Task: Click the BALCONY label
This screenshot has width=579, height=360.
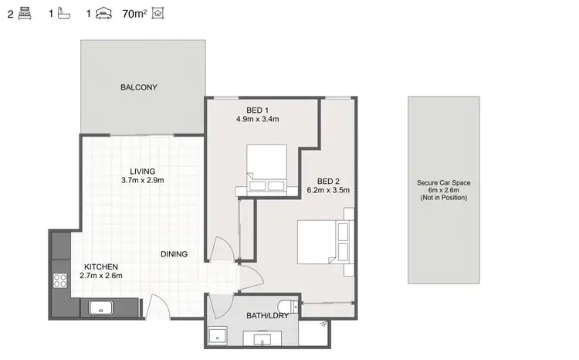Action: pyautogui.click(x=139, y=87)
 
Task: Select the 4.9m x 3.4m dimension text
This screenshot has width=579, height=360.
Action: pyautogui.click(x=257, y=119)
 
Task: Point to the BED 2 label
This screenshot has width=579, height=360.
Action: pyautogui.click(x=328, y=180)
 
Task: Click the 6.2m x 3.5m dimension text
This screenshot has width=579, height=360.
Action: pyautogui.click(x=328, y=190)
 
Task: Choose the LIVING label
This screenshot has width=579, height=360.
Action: pyautogui.click(x=143, y=171)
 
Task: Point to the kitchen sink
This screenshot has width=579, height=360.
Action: pyautogui.click(x=102, y=308)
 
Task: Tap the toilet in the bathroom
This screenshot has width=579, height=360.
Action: pyautogui.click(x=288, y=304)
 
